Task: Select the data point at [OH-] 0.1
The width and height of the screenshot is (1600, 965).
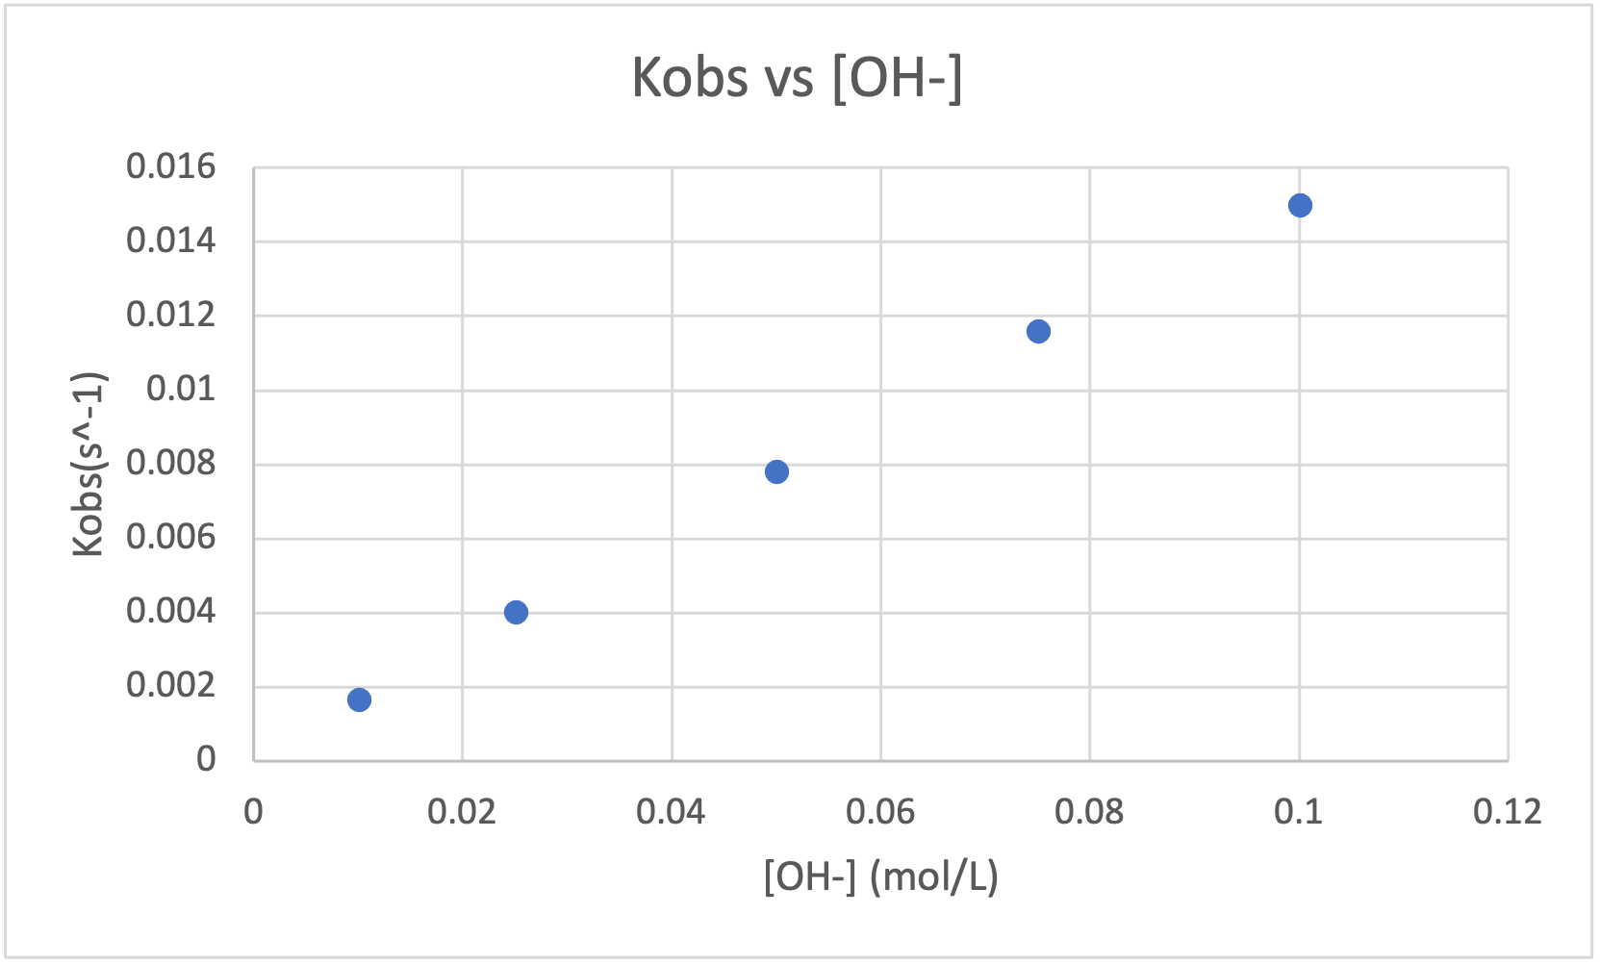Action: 1300,205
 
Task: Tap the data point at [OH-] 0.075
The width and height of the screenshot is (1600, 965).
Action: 1038,331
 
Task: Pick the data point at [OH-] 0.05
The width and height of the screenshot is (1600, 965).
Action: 776,471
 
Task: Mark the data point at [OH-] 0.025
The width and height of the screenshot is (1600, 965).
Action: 516,612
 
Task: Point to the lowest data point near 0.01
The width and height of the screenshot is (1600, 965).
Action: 359,699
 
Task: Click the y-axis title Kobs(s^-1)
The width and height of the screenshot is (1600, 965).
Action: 89,464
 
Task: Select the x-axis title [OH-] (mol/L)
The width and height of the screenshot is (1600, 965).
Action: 880,876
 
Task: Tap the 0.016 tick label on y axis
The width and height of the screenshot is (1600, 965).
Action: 171,167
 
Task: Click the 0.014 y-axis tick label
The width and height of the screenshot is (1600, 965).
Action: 171,241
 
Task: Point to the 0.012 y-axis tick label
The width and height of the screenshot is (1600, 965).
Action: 171,315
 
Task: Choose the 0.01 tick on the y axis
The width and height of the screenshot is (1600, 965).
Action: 181,389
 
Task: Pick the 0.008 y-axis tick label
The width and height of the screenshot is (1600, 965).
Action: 171,463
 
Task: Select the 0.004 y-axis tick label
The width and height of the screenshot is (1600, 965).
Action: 171,611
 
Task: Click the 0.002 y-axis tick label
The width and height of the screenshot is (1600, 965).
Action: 171,685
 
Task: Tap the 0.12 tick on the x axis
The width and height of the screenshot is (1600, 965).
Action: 1508,812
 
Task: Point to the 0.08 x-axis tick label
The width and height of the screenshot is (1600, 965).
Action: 1089,812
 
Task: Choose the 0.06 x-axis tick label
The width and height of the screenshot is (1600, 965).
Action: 880,812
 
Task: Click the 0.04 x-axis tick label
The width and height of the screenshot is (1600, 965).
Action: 671,812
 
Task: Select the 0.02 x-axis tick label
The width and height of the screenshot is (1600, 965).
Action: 462,812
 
